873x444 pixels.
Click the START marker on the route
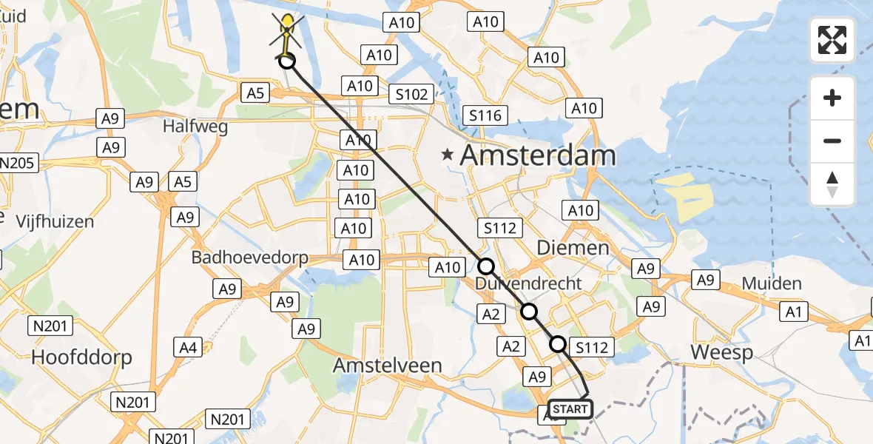point(570,409)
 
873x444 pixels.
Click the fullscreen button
point(832,40)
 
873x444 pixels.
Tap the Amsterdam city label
point(538,155)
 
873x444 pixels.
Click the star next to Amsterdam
point(447,155)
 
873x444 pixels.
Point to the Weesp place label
point(721,352)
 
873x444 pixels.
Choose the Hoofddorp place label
point(81,357)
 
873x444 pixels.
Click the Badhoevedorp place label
point(249,258)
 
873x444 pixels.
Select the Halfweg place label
point(195,126)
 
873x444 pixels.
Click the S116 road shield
point(485,115)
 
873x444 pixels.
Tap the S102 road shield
point(411,94)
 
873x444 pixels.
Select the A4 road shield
point(188,346)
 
